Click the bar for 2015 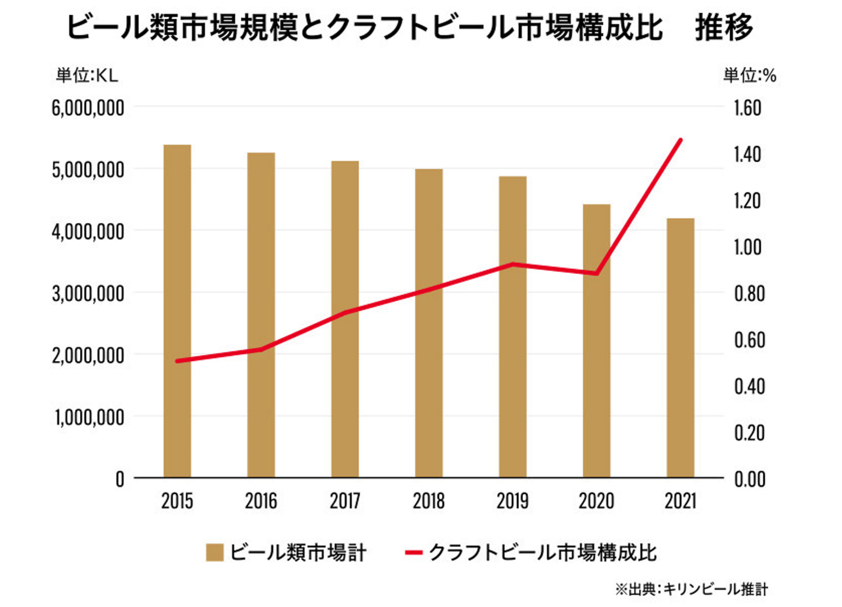[177, 311]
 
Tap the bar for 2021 [680, 348]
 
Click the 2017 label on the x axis [345, 501]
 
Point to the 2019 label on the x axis [512, 501]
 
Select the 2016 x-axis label [261, 501]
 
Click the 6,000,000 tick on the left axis [88, 108]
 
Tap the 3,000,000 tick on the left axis [88, 293]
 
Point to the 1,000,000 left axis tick [89, 417]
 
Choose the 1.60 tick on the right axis [748, 108]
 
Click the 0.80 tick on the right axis [750, 293]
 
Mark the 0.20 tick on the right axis [750, 433]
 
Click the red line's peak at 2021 [680, 140]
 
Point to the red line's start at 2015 [177, 361]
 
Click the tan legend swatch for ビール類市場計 [215, 553]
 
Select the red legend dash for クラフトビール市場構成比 [413, 553]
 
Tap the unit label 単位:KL [87, 76]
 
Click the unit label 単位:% [750, 76]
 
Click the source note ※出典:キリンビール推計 [691, 589]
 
